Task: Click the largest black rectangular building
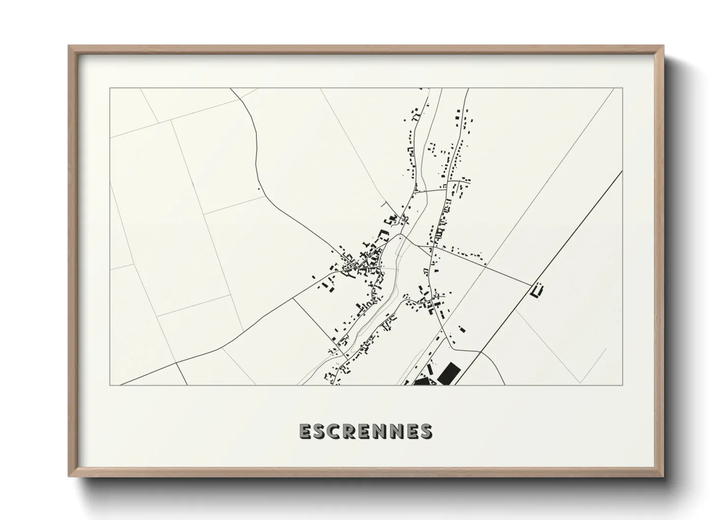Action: tap(448, 373)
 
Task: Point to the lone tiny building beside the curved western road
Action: tap(259, 188)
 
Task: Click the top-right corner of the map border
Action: tap(623, 88)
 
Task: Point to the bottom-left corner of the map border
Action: tap(110, 385)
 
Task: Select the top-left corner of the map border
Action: tap(110, 88)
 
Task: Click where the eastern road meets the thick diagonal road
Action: tap(533, 285)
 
